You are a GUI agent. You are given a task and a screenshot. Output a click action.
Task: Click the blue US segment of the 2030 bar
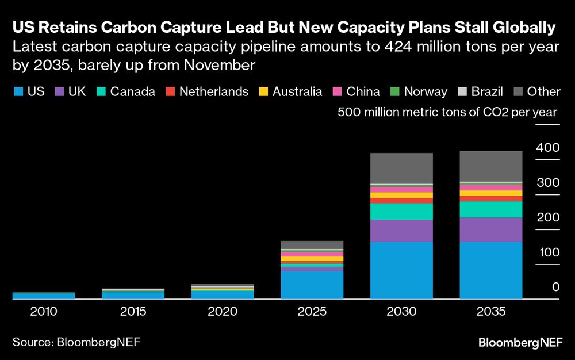(401, 270)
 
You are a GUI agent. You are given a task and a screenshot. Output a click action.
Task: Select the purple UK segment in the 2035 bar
(490, 229)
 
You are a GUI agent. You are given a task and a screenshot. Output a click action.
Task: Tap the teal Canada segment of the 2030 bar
(401, 211)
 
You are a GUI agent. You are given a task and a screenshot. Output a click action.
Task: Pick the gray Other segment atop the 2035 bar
(490, 166)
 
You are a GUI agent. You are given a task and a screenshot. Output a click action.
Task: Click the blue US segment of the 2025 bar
(312, 285)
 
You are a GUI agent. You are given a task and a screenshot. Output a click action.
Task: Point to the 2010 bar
(44, 296)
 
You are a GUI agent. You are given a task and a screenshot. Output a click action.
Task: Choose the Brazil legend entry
(481, 91)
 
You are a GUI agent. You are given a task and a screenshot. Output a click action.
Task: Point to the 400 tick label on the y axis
(547, 148)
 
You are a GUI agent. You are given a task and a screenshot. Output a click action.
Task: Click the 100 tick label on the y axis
(547, 252)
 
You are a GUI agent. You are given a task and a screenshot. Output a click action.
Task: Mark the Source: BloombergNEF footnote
(76, 342)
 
